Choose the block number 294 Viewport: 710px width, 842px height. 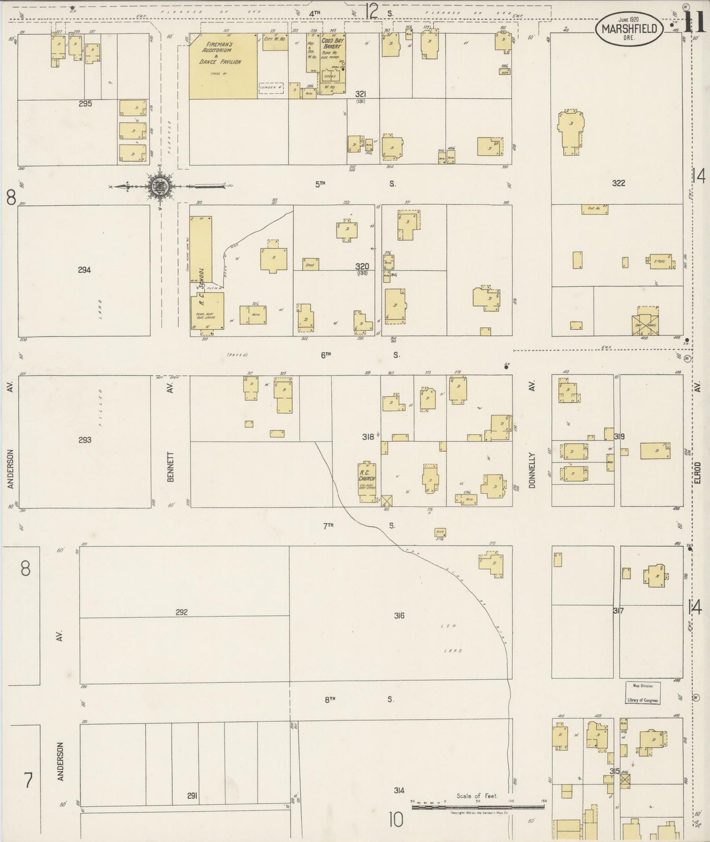click(x=84, y=270)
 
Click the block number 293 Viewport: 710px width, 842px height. click(x=85, y=440)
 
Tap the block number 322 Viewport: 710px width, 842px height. click(x=618, y=183)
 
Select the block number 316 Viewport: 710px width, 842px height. click(x=398, y=615)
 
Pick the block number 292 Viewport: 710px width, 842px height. click(x=181, y=612)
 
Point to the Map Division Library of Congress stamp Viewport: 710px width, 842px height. click(x=643, y=693)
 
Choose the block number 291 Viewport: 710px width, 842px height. click(x=192, y=795)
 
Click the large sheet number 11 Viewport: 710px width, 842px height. click(x=694, y=23)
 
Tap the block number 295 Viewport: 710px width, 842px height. click(x=85, y=104)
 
